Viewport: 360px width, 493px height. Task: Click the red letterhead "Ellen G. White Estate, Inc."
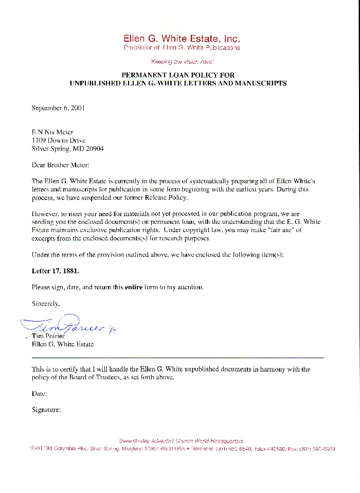click(x=182, y=39)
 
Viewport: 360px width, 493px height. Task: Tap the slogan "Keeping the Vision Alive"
click(x=182, y=61)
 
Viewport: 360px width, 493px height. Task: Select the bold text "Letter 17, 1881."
click(x=56, y=271)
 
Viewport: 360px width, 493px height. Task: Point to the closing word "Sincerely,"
click(x=46, y=304)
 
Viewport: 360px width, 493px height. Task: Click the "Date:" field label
click(x=40, y=393)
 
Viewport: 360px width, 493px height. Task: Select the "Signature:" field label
click(x=46, y=410)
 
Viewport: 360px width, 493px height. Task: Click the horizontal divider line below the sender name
click(x=177, y=357)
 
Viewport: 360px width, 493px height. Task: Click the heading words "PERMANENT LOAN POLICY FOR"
click(x=178, y=75)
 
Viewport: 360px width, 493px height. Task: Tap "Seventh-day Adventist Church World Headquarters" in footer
click(x=181, y=441)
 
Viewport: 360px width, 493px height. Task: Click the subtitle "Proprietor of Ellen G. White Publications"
click(x=182, y=48)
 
